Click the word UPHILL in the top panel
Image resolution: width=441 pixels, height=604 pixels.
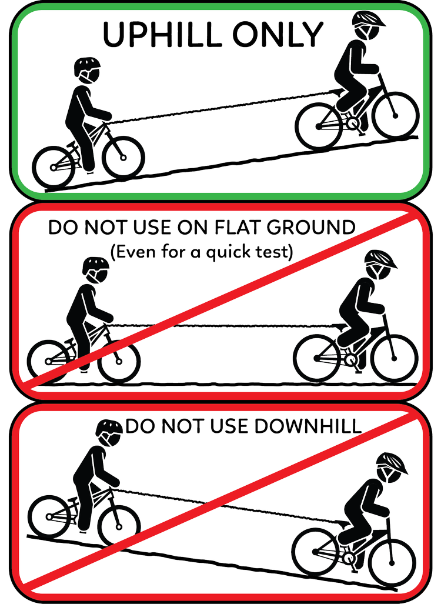pyautogui.click(x=162, y=34)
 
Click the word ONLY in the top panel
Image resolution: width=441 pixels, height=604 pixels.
pyautogui.click(x=278, y=34)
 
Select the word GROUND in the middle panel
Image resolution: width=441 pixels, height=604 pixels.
pyautogui.click(x=311, y=227)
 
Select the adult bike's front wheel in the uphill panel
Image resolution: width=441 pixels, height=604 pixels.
pyautogui.click(x=395, y=115)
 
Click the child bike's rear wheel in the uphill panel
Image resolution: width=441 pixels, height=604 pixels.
pyautogui.click(x=54, y=168)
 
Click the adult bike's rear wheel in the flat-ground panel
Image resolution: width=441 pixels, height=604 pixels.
pyautogui.click(x=317, y=358)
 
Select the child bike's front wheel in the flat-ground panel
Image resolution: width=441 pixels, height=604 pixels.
pyautogui.click(x=119, y=361)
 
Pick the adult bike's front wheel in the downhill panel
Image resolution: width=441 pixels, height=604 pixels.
pyautogui.click(x=392, y=559)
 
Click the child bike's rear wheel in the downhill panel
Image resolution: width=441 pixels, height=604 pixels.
pyautogui.click(x=49, y=516)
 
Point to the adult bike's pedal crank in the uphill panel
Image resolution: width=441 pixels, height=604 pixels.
pyautogui.click(x=352, y=124)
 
